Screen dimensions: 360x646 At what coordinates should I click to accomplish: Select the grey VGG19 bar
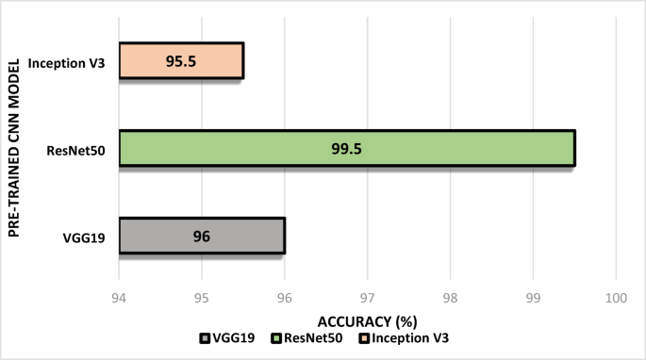pos(202,236)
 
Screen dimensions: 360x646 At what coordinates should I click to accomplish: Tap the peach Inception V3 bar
pos(181,60)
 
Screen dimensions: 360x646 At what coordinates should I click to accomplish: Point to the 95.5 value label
pos(181,60)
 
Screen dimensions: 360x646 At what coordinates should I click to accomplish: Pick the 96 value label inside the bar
pos(202,236)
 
